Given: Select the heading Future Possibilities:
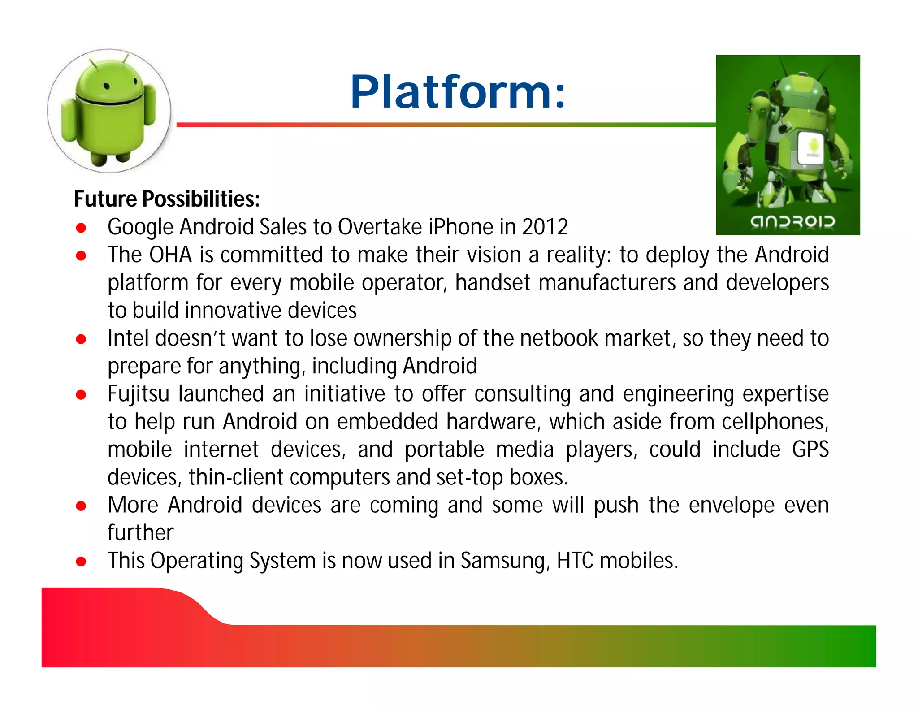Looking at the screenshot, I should [x=167, y=199].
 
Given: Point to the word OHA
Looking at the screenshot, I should [x=170, y=255].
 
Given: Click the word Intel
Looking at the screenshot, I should [x=128, y=338].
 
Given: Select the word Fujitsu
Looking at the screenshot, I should [x=139, y=394].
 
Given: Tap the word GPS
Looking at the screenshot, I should [x=810, y=450].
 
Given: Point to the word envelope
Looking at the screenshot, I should [x=732, y=506].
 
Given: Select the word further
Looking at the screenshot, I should [x=140, y=533].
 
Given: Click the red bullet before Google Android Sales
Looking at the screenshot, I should [x=81, y=228].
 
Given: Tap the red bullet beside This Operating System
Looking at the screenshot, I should [x=81, y=562].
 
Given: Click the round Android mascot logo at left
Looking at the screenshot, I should [x=109, y=111].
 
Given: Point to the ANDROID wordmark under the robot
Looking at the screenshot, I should [x=792, y=221].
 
